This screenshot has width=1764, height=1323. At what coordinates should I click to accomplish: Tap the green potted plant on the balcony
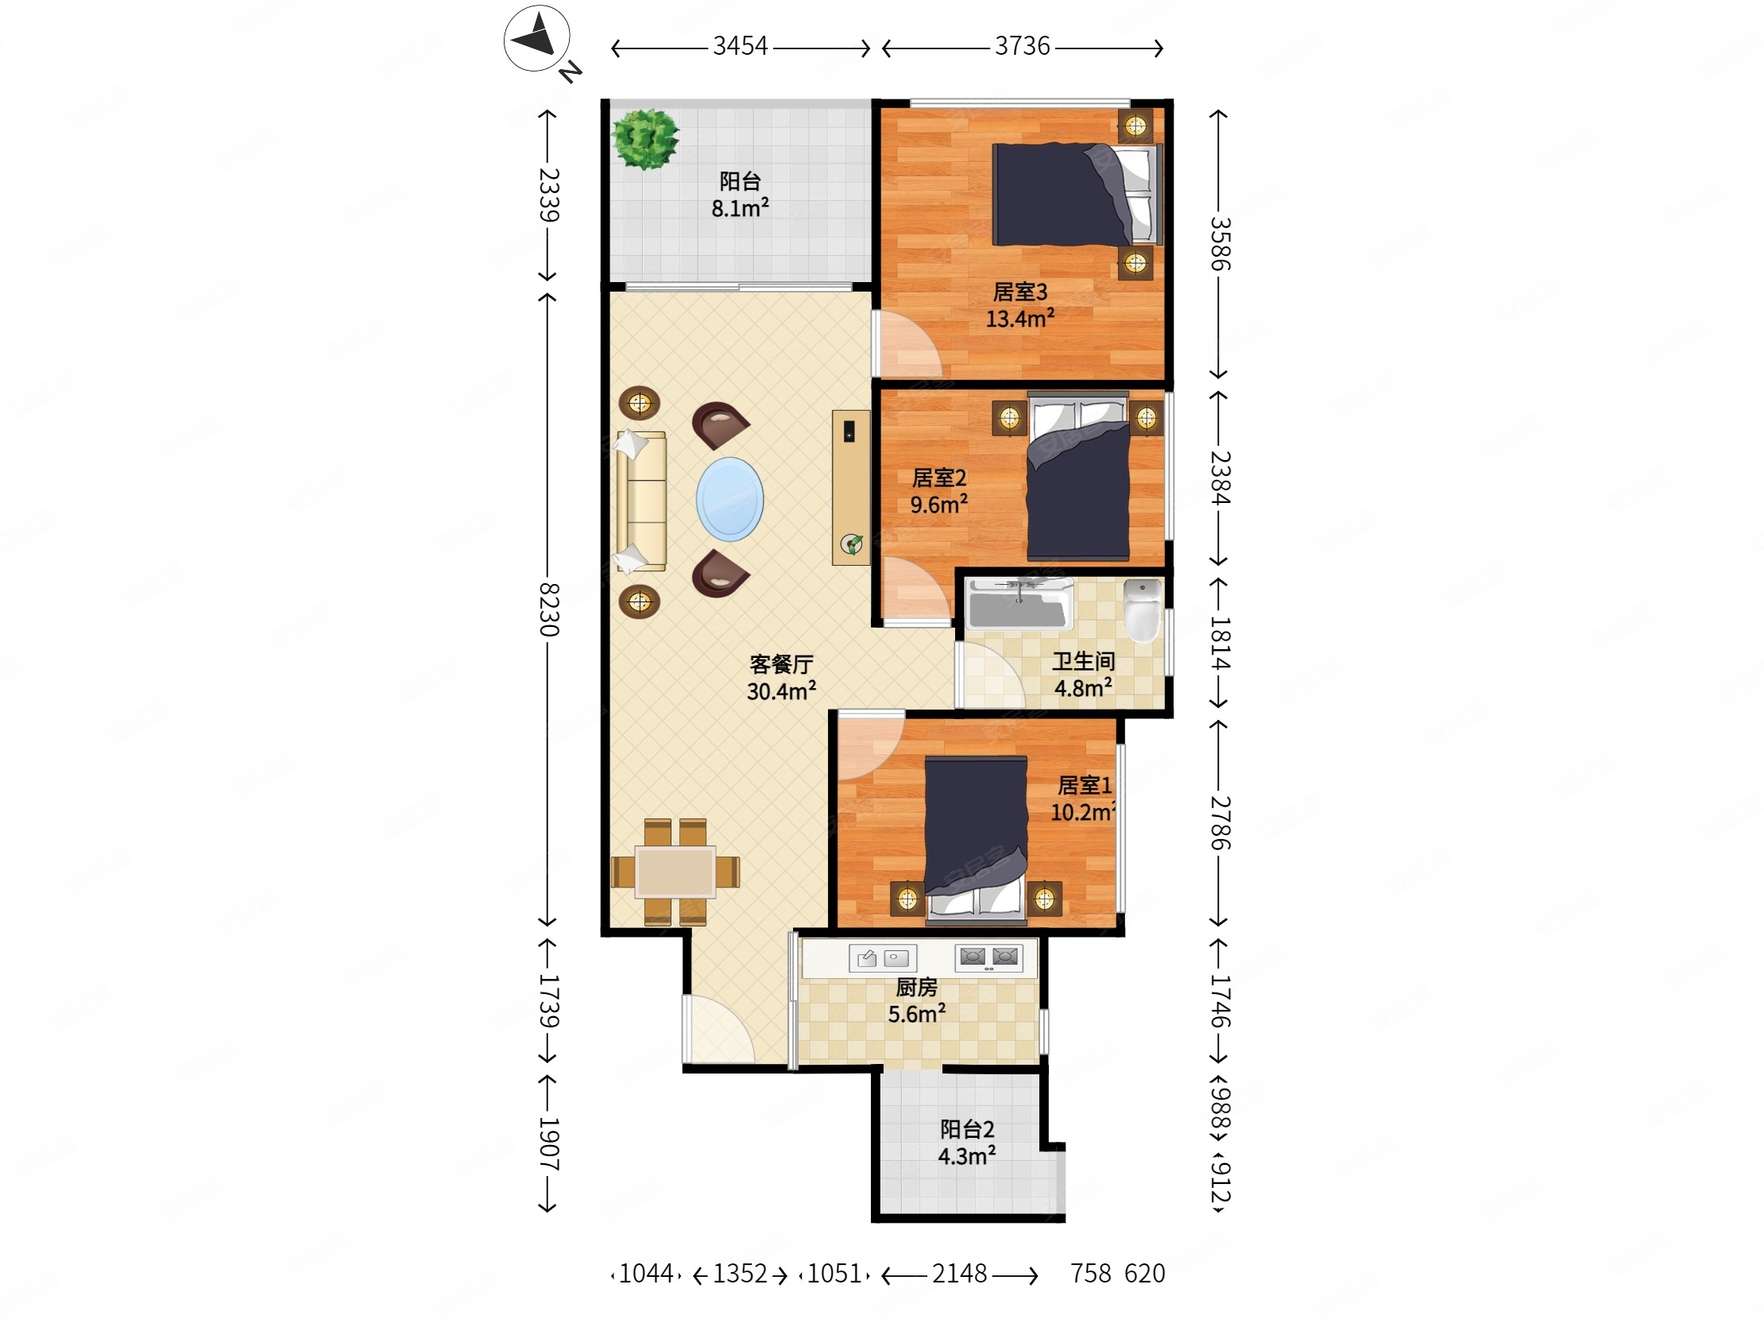coord(646,140)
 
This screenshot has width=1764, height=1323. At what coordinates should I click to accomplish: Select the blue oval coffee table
coord(729,499)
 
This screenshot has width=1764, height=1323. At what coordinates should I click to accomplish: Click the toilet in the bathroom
coord(1143,610)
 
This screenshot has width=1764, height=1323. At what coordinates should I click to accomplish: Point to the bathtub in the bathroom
coord(1019,604)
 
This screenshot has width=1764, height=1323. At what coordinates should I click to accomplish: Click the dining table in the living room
coord(675,872)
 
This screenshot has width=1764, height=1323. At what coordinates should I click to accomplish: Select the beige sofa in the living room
coord(642,501)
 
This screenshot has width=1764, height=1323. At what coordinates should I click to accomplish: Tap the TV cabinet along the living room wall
coord(851,488)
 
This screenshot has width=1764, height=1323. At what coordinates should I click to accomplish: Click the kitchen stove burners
coord(988,957)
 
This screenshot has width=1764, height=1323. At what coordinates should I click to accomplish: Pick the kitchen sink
coord(883,957)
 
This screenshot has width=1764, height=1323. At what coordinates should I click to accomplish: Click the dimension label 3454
coord(740,46)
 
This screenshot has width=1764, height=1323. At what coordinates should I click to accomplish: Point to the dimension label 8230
coord(548,609)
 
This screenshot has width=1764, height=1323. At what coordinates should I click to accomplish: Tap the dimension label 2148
coord(959,1274)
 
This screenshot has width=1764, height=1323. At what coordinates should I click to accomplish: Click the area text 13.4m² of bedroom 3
coord(1020,319)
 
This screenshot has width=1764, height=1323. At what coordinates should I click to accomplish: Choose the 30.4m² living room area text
coord(782,691)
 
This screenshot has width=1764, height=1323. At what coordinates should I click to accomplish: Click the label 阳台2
coord(967,1129)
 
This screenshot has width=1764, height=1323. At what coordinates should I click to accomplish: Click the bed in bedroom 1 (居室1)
coord(976,840)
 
